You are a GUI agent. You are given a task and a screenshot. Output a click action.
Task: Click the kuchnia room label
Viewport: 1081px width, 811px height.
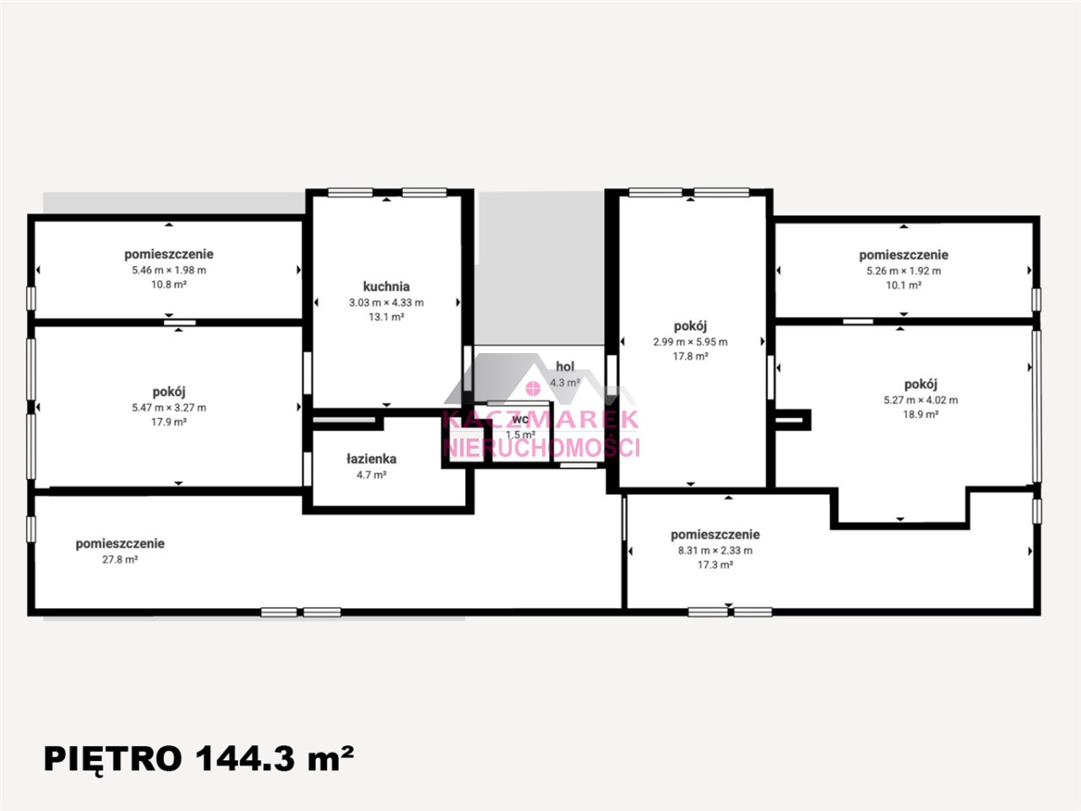point(386,286)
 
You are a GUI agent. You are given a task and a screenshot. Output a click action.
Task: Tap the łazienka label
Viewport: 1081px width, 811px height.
point(372,459)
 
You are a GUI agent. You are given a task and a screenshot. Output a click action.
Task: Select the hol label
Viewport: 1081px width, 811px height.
point(565,367)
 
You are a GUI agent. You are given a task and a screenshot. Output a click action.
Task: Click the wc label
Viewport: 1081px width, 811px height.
point(520,420)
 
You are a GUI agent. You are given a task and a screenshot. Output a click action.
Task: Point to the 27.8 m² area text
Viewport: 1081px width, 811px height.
point(120,560)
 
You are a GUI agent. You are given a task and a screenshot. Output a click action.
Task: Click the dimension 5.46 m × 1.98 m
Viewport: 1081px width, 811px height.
point(169,270)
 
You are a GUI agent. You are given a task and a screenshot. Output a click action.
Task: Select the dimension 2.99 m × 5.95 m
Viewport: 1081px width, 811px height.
point(691,342)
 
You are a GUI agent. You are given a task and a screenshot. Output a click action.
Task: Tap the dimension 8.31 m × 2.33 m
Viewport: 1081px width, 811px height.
point(715,551)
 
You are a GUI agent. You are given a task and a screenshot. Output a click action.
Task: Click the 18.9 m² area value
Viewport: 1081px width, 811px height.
point(921,415)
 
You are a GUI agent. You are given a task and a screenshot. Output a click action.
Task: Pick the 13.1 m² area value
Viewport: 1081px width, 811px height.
point(387,317)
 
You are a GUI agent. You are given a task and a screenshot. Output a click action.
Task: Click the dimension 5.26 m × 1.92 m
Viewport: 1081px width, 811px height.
point(904,271)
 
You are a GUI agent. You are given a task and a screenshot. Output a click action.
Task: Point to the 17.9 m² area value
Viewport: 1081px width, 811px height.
point(169,422)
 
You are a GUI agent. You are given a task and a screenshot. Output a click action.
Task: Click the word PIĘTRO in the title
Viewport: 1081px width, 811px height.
point(113,759)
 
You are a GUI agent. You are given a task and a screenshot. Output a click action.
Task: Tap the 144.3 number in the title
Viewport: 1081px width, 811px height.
point(245,759)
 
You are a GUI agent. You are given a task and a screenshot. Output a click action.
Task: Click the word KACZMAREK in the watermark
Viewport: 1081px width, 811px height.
point(540,420)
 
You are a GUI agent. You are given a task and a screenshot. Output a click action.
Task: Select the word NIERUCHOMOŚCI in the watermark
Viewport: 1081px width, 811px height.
point(541,447)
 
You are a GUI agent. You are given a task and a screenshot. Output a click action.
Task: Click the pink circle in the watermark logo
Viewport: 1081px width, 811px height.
point(533,388)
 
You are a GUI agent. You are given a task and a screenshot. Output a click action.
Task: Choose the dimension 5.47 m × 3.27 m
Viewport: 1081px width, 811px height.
point(169,408)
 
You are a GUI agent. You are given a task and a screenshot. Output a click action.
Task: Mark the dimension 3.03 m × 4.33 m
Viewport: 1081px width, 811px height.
point(387,302)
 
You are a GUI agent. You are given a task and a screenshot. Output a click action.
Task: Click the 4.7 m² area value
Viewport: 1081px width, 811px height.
point(372,475)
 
